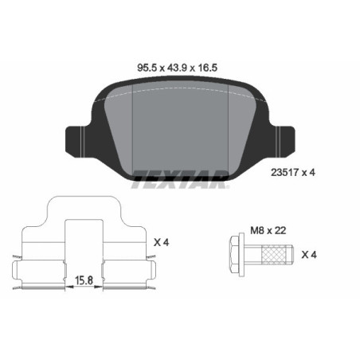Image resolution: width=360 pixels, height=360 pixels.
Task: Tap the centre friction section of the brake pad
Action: (x=180, y=127)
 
